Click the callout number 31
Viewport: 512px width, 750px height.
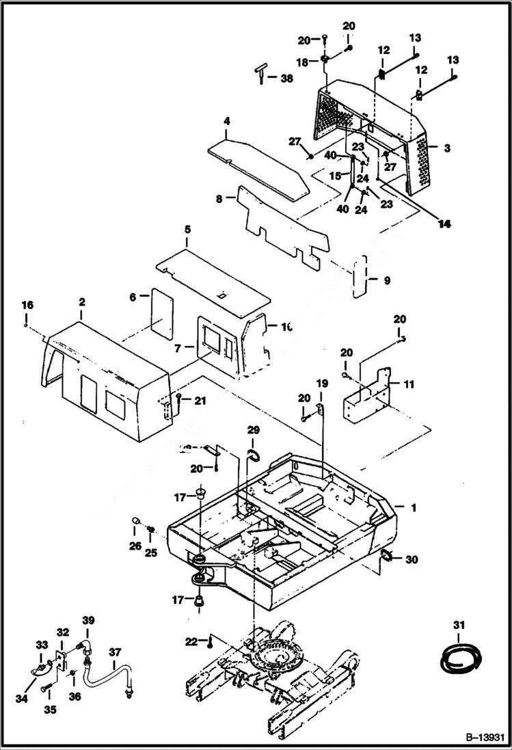pyautogui.click(x=458, y=625)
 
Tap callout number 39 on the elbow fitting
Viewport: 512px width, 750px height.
pyautogui.click(x=87, y=619)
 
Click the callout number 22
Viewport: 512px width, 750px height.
pyautogui.click(x=192, y=641)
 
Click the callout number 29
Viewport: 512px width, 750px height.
pyautogui.click(x=254, y=431)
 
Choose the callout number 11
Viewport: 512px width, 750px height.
pyautogui.click(x=409, y=385)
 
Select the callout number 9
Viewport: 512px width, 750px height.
pyautogui.click(x=387, y=280)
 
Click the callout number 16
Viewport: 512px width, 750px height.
pyautogui.click(x=27, y=305)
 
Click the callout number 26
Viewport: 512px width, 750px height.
pyautogui.click(x=135, y=546)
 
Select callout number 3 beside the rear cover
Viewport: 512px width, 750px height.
pyautogui.click(x=446, y=148)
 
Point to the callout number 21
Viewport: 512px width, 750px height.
pyautogui.click(x=200, y=401)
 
